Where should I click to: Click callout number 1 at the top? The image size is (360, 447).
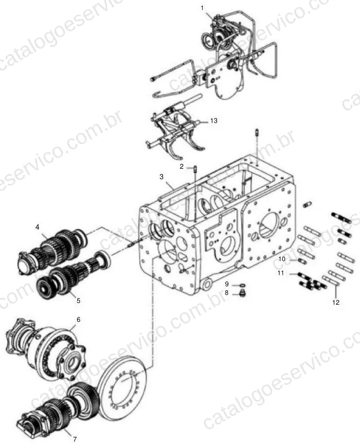point(202,8)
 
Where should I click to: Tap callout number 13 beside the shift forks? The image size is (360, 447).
point(214,121)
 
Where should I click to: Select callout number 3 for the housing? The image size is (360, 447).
point(162,177)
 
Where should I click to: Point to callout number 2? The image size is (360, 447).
point(182,167)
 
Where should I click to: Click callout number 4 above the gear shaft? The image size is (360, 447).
point(37,227)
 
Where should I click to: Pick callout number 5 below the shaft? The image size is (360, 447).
point(78,300)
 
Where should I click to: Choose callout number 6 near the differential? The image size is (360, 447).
point(78,320)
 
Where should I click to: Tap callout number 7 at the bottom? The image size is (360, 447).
point(75,439)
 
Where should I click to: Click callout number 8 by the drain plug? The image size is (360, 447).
point(227,293)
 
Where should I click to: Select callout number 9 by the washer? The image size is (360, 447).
point(227,284)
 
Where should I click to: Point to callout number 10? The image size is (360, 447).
point(282,259)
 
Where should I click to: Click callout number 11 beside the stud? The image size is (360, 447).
point(281,273)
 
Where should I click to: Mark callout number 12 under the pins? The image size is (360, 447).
point(336,302)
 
